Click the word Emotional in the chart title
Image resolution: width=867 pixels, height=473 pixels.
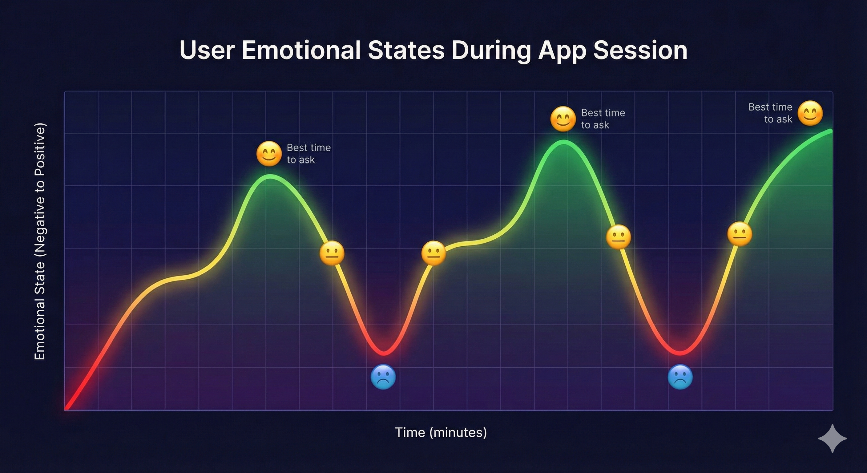301,51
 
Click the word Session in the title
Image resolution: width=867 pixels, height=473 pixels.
640,51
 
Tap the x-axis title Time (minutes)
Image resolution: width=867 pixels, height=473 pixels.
441,433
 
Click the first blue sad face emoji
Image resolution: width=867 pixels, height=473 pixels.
383,377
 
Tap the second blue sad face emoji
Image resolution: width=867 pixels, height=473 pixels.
680,377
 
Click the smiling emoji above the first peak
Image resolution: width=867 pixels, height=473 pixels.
268,154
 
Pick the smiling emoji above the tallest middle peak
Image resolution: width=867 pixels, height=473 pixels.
563,119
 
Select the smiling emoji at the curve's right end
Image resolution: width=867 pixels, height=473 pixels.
810,113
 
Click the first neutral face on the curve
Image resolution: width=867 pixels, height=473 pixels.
332,253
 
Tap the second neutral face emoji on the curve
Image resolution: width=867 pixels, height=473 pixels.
433,253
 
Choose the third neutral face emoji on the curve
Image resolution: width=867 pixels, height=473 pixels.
618,237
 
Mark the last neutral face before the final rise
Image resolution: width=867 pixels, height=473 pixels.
740,234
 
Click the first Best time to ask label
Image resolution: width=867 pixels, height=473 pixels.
308,154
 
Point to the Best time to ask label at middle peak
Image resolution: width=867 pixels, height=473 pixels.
603,119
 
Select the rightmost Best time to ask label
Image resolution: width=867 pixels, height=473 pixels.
770,113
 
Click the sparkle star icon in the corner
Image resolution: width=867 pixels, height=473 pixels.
832,438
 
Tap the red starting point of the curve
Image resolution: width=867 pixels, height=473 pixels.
67,408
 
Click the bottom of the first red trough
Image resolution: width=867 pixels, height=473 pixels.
384,353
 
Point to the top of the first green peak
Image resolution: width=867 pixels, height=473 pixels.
270,177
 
